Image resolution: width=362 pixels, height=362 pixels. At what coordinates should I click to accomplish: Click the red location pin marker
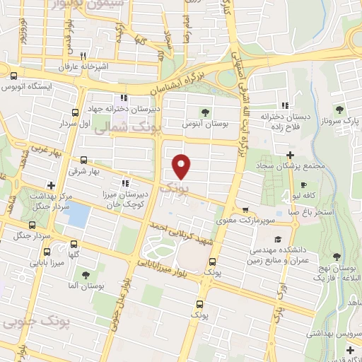click(182, 166)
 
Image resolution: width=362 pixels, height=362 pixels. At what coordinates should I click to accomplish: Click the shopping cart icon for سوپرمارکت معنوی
click(245, 210)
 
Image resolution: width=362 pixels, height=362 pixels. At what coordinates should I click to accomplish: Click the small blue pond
click(80, 214)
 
